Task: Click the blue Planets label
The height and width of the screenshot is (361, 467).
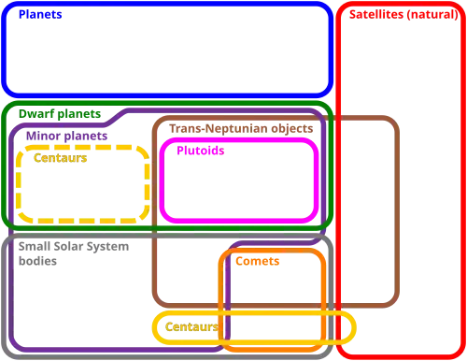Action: pos(40,15)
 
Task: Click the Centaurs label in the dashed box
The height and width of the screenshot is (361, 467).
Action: pos(60,158)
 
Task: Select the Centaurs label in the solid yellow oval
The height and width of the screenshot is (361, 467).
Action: pos(191,326)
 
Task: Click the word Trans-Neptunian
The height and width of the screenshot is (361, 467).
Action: pos(219,128)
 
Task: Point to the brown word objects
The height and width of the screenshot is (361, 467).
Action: pos(292,129)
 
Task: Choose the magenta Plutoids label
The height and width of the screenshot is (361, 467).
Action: pos(201,151)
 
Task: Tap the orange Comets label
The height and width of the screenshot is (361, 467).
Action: pos(258,261)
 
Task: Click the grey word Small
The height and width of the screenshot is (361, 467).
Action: pos(35,246)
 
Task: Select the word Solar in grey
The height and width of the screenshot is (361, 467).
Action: pos(68,246)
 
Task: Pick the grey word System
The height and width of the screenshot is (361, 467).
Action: pos(107,247)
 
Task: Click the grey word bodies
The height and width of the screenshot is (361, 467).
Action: pos(37,261)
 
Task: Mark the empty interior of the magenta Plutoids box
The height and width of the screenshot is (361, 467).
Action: pos(239,187)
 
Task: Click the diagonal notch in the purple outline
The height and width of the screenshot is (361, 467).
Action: pos(116,118)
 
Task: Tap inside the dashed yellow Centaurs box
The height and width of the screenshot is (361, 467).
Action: pos(82,190)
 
